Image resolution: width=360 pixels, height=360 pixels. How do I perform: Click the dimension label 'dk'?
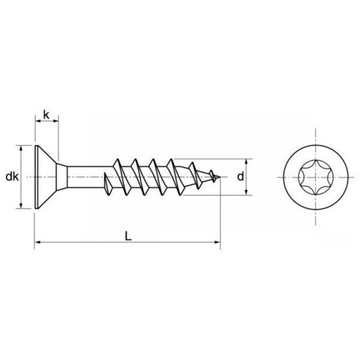click(x=10, y=177)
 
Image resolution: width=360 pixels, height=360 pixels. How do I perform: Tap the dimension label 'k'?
click(x=46, y=113)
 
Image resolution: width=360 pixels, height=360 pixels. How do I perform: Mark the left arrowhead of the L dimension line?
click(x=37, y=242)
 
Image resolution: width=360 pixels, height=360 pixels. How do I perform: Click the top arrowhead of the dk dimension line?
click(x=22, y=148)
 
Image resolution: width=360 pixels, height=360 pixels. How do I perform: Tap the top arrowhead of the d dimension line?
click(x=247, y=162)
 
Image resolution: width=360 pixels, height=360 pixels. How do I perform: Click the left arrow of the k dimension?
click(x=37, y=122)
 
